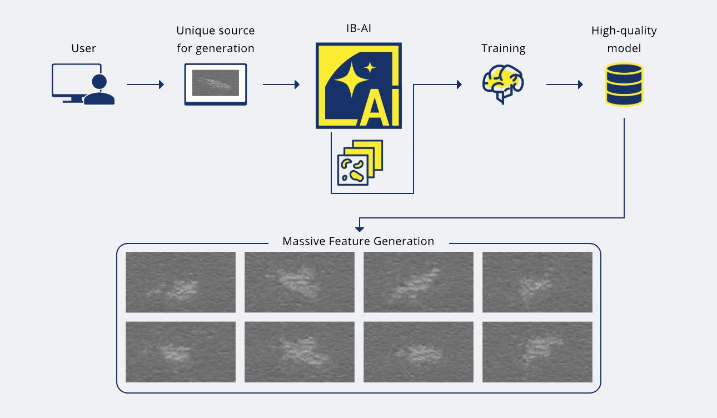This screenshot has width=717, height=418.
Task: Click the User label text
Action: pos(83,48)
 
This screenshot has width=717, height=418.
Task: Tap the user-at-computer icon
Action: pos(83,84)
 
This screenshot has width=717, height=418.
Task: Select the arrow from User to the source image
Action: pos(146,84)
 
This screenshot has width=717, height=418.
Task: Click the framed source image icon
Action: pos(215,84)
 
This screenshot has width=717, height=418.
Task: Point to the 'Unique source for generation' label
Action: pos(215,39)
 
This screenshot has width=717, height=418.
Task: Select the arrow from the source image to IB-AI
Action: pos(281,84)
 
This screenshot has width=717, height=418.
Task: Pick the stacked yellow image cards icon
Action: pos(360,162)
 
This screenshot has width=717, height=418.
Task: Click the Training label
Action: pos(503,48)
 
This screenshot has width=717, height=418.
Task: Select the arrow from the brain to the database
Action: pos(565,84)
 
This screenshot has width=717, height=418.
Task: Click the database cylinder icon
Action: pos(624,84)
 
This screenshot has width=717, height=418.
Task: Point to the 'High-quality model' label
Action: pos(624,39)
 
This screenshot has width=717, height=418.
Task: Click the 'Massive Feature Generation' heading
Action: pos(358,242)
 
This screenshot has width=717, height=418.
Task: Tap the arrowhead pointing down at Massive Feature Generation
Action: pos(360,228)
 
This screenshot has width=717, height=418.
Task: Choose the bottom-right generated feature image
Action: pos(537,352)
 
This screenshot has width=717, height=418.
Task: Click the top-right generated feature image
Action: pos(537,282)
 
